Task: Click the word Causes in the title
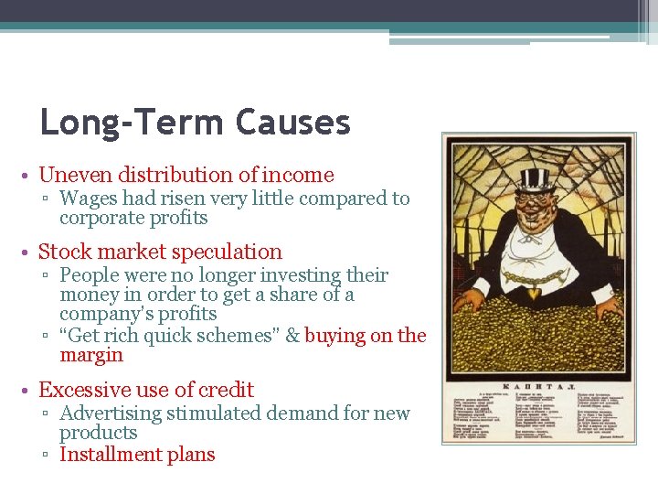(x=292, y=123)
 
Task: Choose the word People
(x=90, y=275)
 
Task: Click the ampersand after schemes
(x=292, y=336)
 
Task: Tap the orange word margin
(x=90, y=356)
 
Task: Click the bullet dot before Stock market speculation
(x=30, y=252)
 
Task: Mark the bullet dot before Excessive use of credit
(x=30, y=391)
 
